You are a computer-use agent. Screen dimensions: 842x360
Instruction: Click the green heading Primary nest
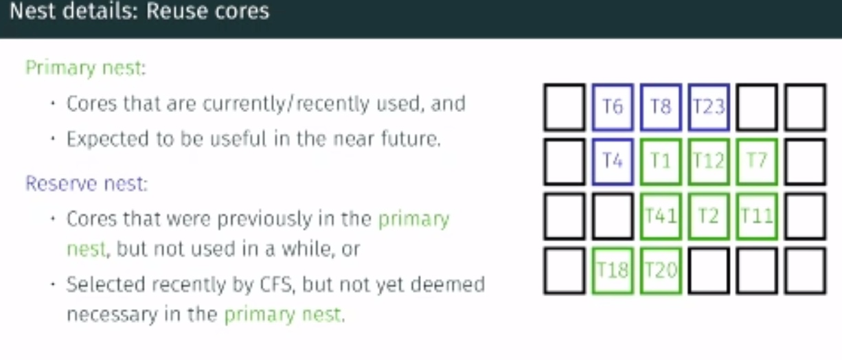point(85,69)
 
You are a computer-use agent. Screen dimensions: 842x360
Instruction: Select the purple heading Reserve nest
point(87,183)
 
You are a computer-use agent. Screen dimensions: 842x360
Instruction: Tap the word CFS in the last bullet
point(276,284)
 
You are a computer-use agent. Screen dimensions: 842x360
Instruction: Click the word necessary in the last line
point(112,315)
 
